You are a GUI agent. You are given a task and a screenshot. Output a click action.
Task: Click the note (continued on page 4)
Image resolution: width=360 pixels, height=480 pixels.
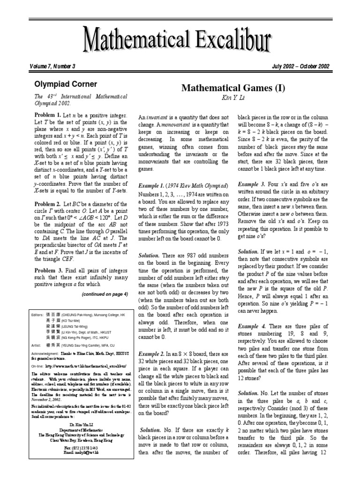105,294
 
